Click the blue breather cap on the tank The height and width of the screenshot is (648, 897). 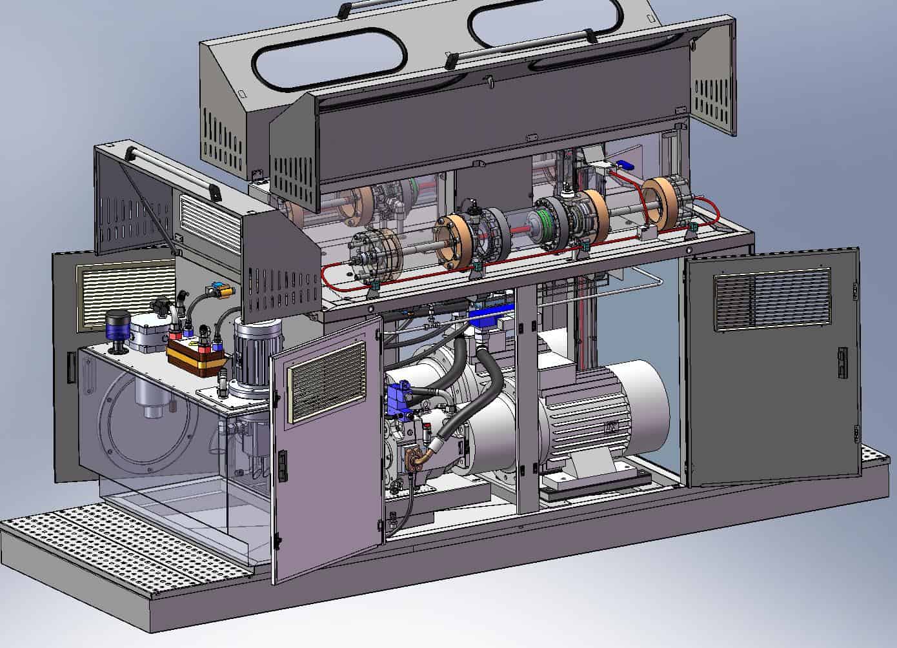(x=117, y=327)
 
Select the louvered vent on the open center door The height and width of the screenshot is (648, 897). (x=327, y=381)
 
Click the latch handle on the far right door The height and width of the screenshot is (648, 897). (x=841, y=361)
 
